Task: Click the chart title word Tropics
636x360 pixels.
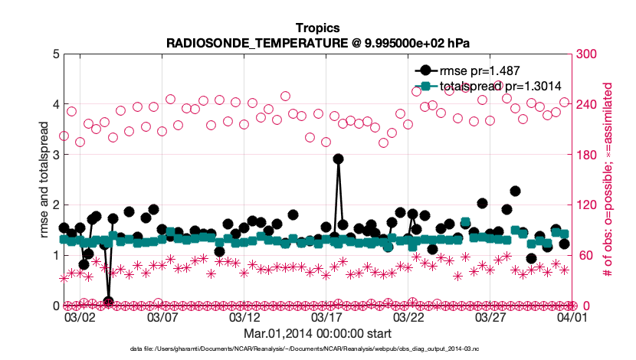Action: pos(317,28)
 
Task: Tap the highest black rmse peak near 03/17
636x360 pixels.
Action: pos(339,159)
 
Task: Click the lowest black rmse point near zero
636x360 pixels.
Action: pos(109,301)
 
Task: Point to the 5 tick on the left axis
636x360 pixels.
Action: pos(54,54)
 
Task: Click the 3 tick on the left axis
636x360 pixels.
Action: pos(54,155)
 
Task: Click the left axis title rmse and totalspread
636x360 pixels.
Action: pos(43,179)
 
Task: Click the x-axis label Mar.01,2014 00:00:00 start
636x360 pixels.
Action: pos(317,334)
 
